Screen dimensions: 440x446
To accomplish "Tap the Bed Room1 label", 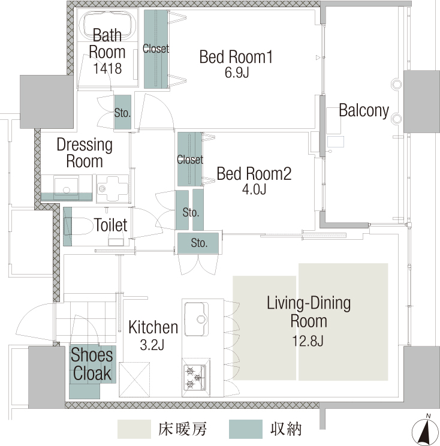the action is tap(236, 56).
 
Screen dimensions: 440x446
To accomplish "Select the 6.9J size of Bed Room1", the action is tap(237, 73).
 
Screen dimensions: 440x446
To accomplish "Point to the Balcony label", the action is tap(364, 110).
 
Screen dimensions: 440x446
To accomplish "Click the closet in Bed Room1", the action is tap(156, 49).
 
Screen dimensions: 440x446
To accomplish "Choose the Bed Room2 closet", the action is tap(190, 159).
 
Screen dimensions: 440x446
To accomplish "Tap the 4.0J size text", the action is tap(254, 189).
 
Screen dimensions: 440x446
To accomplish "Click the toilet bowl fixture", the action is tap(80, 226).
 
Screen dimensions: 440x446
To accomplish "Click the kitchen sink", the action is tap(197, 319).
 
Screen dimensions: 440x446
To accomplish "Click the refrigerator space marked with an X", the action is tap(134, 379).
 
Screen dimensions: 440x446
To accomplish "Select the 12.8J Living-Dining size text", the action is tap(308, 340).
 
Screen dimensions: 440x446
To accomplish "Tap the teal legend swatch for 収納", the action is tap(245, 429).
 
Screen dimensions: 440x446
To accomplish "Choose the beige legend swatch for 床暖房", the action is tap(134, 429).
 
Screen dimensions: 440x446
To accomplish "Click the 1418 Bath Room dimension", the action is tap(107, 68).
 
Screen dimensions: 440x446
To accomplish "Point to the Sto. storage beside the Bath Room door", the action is tap(122, 113).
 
